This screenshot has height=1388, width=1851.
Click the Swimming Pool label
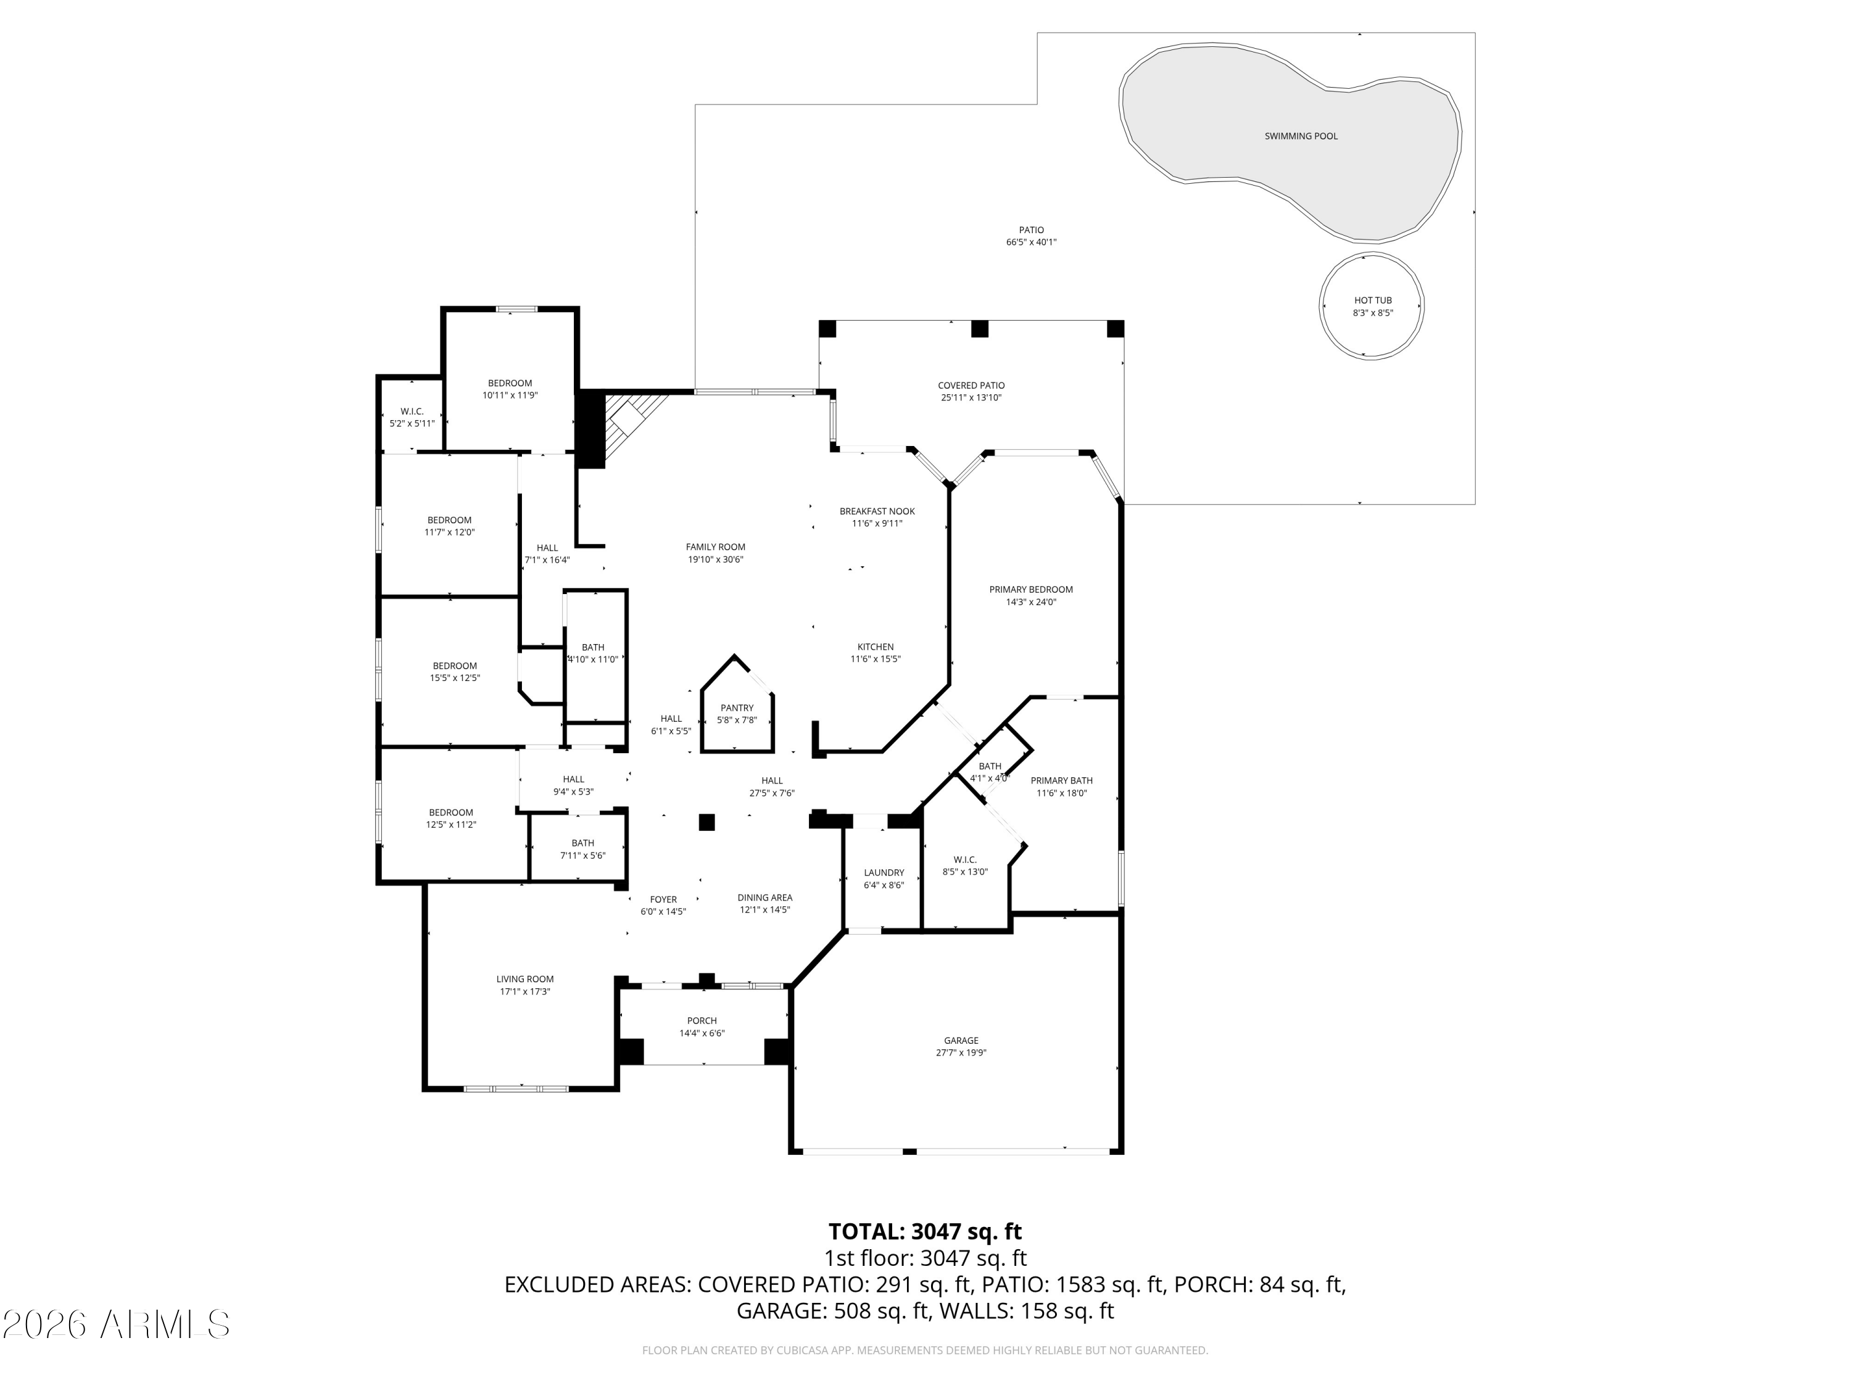[1301, 136]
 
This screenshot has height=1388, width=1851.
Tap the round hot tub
[1372, 306]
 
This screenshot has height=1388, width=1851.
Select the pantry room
[736, 712]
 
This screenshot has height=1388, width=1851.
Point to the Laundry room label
[884, 873]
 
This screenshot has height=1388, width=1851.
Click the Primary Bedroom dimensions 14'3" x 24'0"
[1031, 602]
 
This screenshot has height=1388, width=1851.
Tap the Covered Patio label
[971, 386]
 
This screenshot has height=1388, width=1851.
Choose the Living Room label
[524, 979]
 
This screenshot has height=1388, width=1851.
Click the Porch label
[702, 1021]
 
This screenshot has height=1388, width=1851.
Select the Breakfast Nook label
[877, 511]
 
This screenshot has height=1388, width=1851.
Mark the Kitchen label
[876, 646]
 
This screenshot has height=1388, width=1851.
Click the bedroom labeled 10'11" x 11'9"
[510, 389]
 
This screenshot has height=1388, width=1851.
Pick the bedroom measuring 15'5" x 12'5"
[454, 672]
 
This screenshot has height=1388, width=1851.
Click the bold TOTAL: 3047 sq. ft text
[925, 1231]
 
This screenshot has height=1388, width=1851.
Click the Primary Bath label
[1061, 780]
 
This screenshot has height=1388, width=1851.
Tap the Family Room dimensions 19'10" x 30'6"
[716, 560]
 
